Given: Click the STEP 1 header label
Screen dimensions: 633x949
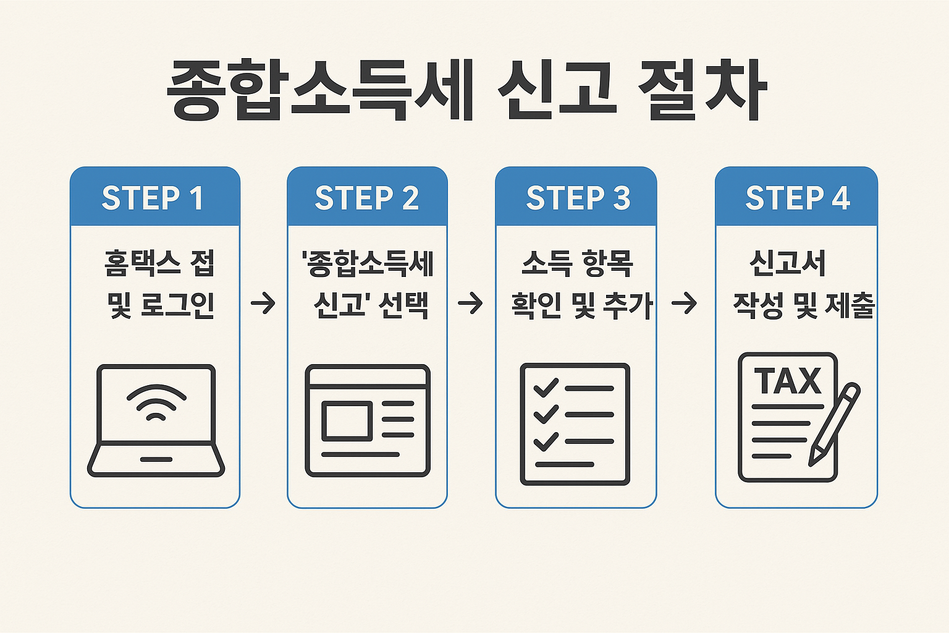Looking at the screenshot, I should click(x=153, y=198).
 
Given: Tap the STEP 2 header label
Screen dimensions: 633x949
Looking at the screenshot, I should click(x=367, y=198).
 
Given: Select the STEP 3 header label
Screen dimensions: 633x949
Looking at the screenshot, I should click(x=578, y=198).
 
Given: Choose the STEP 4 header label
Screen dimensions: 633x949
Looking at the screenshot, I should click(x=798, y=198).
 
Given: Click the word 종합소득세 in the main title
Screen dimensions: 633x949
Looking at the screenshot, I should click(x=320, y=90).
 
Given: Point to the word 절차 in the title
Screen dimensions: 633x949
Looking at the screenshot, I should click(x=702, y=90).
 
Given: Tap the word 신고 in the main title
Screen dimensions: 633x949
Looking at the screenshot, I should click(x=555, y=90).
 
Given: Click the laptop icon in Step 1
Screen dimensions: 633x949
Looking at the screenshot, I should click(x=156, y=420).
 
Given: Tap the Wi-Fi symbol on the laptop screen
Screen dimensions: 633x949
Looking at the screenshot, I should click(x=156, y=402).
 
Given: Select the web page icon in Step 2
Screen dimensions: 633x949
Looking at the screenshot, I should click(x=368, y=420).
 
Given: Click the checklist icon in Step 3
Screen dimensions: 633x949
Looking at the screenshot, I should click(x=575, y=423).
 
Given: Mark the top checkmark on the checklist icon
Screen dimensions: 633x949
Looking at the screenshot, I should click(x=546, y=388).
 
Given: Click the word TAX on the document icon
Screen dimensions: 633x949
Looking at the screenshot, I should click(x=788, y=381).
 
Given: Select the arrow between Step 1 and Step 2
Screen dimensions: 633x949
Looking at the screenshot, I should click(x=263, y=304).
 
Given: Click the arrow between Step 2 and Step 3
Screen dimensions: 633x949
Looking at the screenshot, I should click(x=470, y=304).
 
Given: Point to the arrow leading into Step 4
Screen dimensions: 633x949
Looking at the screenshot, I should click(x=684, y=304).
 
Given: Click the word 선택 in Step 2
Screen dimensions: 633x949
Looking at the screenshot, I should click(x=403, y=305).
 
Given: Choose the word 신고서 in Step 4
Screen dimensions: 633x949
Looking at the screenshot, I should click(x=787, y=263).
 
